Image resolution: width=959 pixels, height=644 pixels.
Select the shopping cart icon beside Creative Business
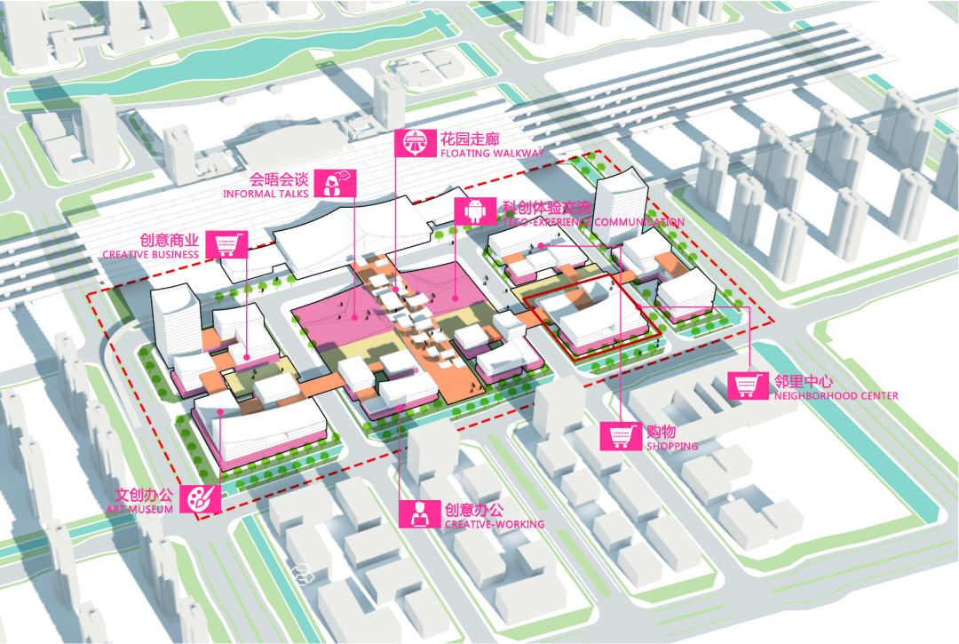point(227,244)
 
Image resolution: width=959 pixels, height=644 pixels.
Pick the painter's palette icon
point(201,498)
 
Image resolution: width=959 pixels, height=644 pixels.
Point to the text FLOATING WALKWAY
point(491,154)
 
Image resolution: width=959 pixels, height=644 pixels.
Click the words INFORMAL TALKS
point(266,193)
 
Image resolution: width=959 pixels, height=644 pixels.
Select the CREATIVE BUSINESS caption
point(151,255)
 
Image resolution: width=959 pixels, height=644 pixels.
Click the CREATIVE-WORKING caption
point(494,524)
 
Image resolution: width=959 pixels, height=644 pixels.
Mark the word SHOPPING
point(672,446)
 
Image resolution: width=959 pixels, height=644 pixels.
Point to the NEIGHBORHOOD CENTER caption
point(836,396)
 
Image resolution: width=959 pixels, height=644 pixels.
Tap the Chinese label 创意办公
point(473,510)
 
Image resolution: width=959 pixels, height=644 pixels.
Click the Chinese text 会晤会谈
point(279,178)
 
